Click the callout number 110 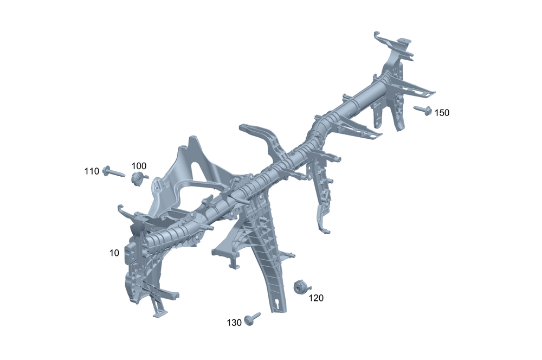[92, 171]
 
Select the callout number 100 [139, 166]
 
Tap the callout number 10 [114, 253]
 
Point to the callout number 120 [316, 298]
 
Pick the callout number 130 [234, 323]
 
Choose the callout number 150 [442, 113]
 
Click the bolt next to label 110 [113, 171]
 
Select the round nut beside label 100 [139, 178]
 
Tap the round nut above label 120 [301, 287]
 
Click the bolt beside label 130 [252, 319]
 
